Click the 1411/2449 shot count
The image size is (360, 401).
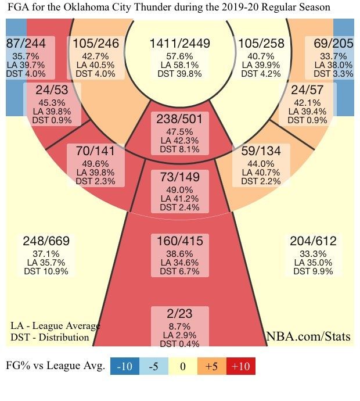(179, 44)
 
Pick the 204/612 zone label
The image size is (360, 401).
(312, 241)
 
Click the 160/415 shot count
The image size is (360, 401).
(179, 241)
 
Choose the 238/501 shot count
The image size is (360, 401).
(179, 119)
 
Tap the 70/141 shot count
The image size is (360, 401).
(95, 151)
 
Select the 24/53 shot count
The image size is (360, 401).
(52, 91)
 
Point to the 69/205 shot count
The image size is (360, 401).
(333, 44)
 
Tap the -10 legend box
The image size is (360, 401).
(125, 367)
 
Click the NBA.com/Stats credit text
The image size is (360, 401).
(309, 336)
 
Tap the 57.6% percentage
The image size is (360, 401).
(179, 56)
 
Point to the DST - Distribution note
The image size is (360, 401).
(50, 337)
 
